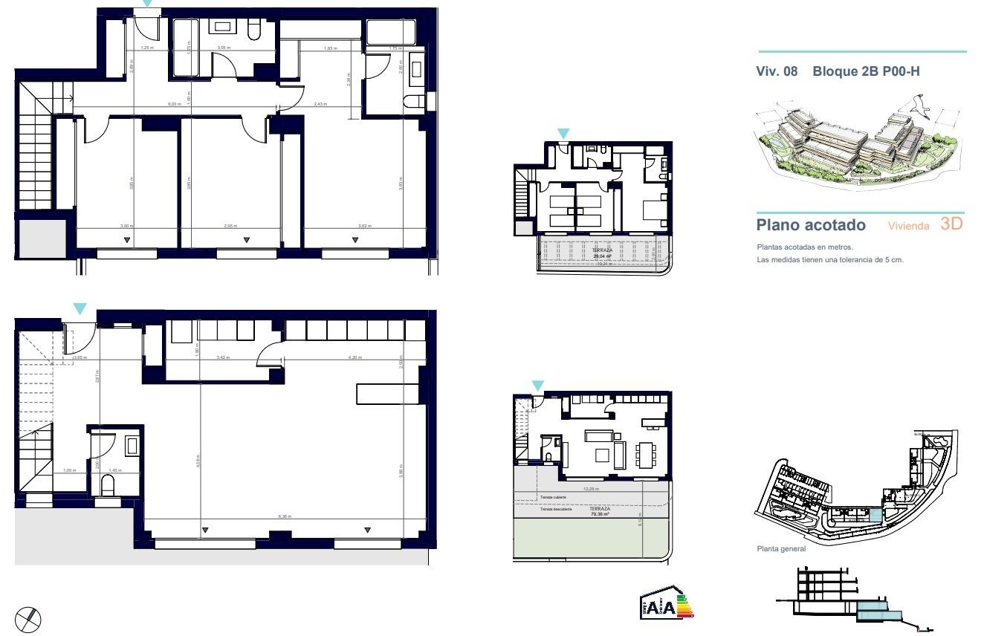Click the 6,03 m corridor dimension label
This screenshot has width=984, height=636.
(174, 104)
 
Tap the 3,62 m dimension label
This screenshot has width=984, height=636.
(364, 227)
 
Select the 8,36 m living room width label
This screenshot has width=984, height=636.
(285, 516)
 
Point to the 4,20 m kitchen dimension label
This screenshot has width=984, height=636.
(355, 357)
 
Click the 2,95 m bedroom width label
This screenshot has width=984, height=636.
(230, 227)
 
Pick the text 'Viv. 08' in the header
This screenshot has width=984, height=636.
(777, 72)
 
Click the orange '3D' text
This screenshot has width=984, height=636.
(951, 224)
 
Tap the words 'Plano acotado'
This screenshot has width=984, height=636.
(811, 225)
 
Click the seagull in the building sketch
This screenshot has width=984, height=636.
(920, 106)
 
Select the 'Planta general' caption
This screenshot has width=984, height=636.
(780, 549)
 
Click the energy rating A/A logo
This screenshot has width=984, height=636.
(664, 606)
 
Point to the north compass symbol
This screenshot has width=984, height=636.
(28, 618)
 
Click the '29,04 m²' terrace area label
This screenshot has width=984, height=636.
(602, 256)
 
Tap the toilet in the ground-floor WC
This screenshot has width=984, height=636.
(109, 486)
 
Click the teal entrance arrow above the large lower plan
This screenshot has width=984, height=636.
(80, 308)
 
